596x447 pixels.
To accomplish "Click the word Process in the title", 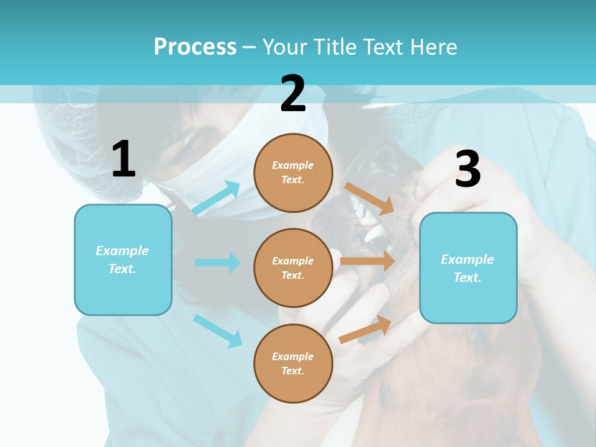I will click(x=195, y=47).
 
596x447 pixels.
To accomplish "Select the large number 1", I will click(x=124, y=160).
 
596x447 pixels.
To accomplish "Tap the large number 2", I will click(x=293, y=94).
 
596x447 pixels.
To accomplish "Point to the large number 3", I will click(x=467, y=169).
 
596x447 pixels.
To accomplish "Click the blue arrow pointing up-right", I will click(x=217, y=198).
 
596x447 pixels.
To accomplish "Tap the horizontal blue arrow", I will click(x=217, y=263).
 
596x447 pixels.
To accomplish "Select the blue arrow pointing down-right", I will click(x=217, y=331).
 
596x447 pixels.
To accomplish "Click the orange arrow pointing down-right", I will click(x=369, y=198).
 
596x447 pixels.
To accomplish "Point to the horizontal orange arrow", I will click(x=368, y=261).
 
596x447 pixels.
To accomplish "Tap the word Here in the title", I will click(x=434, y=47).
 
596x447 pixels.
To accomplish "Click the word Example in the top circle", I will click(x=293, y=165).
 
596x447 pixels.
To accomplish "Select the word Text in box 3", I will click(x=467, y=278).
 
